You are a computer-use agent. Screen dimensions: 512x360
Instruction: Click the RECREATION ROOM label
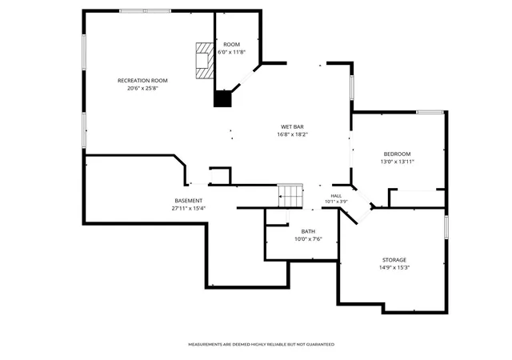pyautogui.click(x=142, y=81)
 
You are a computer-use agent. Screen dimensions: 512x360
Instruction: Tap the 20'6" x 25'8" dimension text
pyautogui.click(x=142, y=88)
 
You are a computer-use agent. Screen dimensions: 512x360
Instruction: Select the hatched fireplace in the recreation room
pyautogui.click(x=205, y=61)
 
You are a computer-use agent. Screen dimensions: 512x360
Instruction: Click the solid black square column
pyautogui.click(x=222, y=99)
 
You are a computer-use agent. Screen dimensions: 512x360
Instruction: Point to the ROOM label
pyautogui.click(x=231, y=45)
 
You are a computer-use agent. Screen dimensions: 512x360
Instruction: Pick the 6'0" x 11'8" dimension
pyautogui.click(x=231, y=52)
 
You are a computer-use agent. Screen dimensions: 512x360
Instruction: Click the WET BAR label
pyautogui.click(x=292, y=126)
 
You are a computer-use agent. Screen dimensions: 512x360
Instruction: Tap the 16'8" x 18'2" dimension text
pyautogui.click(x=292, y=134)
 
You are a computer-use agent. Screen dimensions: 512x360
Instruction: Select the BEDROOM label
pyautogui.click(x=397, y=154)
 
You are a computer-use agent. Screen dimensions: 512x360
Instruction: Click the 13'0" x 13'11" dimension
pyautogui.click(x=397, y=162)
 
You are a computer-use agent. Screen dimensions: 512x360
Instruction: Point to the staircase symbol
pyautogui.click(x=290, y=195)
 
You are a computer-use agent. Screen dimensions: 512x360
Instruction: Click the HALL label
pyautogui.click(x=336, y=196)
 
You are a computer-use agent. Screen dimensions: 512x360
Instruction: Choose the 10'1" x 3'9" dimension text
pyautogui.click(x=336, y=202)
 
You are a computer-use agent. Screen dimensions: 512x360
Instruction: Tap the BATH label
pyautogui.click(x=308, y=232)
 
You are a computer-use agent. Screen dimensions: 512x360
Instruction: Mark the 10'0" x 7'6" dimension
pyautogui.click(x=308, y=239)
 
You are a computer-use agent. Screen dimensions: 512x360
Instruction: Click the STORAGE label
pyautogui.click(x=394, y=260)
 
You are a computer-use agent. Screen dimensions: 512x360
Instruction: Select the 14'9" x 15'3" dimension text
pyautogui.click(x=394, y=267)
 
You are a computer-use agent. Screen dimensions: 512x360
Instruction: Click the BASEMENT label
pyautogui.click(x=189, y=201)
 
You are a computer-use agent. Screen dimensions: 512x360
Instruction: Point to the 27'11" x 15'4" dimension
pyautogui.click(x=189, y=209)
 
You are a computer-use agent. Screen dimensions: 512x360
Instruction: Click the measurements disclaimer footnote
pyautogui.click(x=262, y=344)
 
